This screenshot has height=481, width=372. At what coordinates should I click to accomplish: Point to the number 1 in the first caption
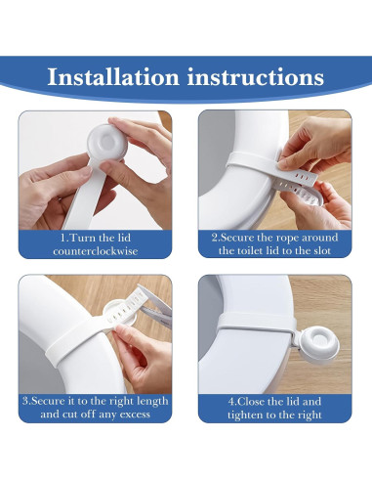click(62, 238)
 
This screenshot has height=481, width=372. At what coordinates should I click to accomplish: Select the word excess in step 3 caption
click(146, 415)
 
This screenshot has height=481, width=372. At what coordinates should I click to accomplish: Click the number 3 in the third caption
click(23, 401)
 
